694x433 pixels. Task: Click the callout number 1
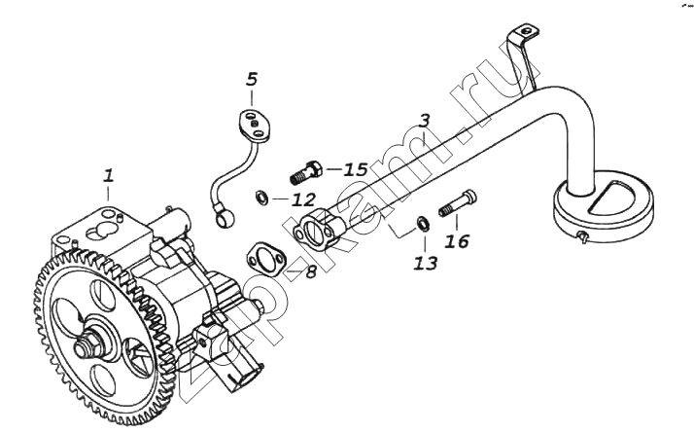pyautogui.click(x=109, y=175)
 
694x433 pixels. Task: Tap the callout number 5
pyautogui.click(x=251, y=79)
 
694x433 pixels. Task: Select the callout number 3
pyautogui.click(x=424, y=121)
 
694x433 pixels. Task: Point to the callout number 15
pyautogui.click(x=357, y=169)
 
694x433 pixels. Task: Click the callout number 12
pyautogui.click(x=303, y=199)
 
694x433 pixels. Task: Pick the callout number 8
pyautogui.click(x=311, y=271)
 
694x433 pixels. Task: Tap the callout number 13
pyautogui.click(x=426, y=264)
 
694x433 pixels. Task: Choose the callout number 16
pyautogui.click(x=457, y=241)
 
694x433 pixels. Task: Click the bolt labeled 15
pyautogui.click(x=306, y=172)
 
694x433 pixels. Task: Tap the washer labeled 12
pyautogui.click(x=261, y=198)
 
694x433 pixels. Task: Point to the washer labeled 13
pyautogui.click(x=423, y=224)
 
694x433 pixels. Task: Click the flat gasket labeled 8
pyautogui.click(x=265, y=260)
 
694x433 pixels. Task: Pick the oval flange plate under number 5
pyautogui.click(x=255, y=126)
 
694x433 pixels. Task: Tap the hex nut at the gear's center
pyautogui.click(x=86, y=346)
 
